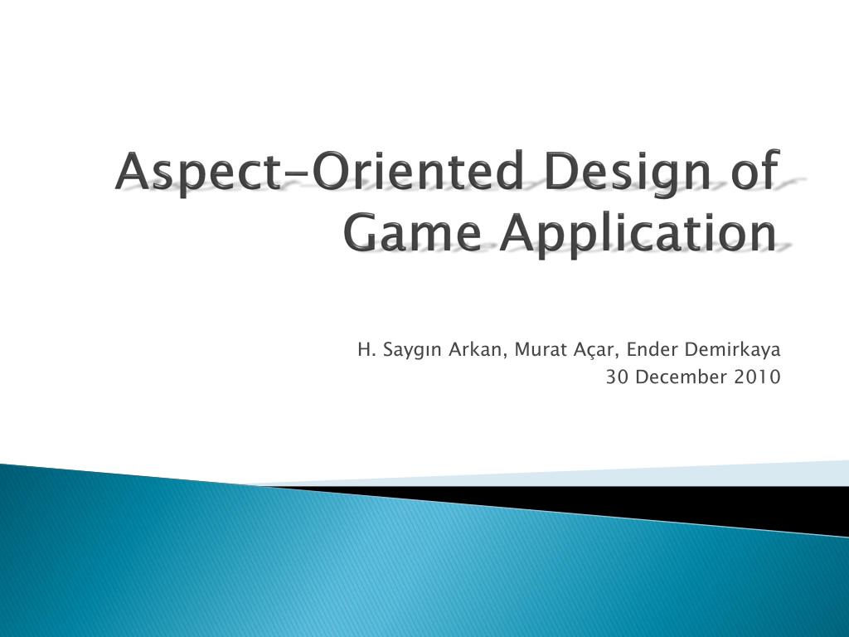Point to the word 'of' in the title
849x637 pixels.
point(755,172)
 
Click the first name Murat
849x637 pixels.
point(538,348)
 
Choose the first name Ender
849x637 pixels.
point(652,348)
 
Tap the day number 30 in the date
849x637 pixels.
point(616,377)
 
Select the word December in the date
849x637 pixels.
point(680,377)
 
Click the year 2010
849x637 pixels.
point(757,377)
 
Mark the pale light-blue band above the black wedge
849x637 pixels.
point(746,473)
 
